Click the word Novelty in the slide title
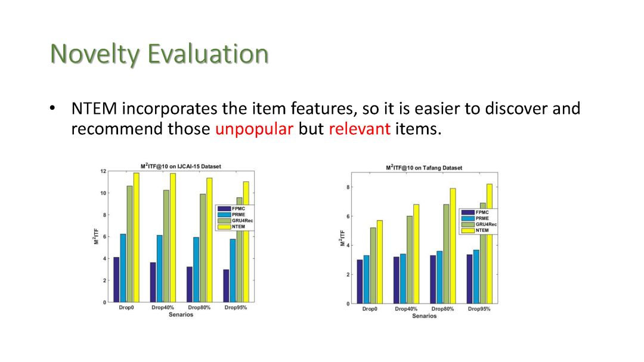coord(95,54)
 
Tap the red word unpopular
coord(254,129)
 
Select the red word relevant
coord(360,129)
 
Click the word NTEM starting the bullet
coord(94,109)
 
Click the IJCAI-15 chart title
coord(181,166)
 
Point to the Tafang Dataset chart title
coord(424,168)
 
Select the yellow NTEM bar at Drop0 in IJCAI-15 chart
coord(136,237)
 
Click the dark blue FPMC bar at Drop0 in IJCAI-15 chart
coord(116,280)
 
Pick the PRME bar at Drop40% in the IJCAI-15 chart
coord(159,269)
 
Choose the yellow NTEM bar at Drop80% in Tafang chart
coord(453,246)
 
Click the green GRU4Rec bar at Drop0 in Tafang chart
coord(373,266)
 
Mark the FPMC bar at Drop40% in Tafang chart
coord(397,280)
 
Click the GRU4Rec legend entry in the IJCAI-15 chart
coord(236,221)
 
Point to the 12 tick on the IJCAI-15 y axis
coord(103,171)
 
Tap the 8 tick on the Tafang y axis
coord(348,187)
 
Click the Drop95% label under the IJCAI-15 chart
coord(236,307)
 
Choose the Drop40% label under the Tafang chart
coord(406,308)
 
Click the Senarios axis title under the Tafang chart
coord(425,316)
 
